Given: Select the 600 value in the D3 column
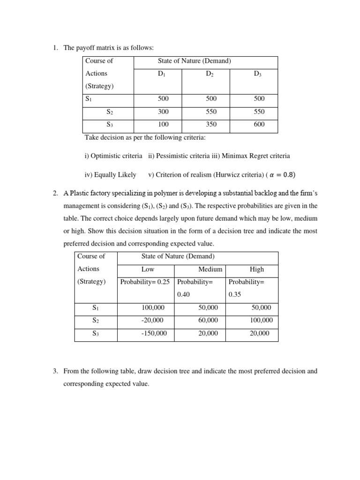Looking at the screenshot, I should click(259, 124).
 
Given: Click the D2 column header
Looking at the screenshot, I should click(210, 74).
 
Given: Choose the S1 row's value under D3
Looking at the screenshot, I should click(259, 98).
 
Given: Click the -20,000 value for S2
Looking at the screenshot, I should click(152, 320).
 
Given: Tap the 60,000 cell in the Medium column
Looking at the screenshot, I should click(209, 320).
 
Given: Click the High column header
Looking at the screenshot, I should click(257, 270).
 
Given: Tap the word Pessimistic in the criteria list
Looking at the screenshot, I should click(172, 156).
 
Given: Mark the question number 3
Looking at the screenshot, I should click(55, 371).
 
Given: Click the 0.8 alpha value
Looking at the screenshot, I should click(288, 175).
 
